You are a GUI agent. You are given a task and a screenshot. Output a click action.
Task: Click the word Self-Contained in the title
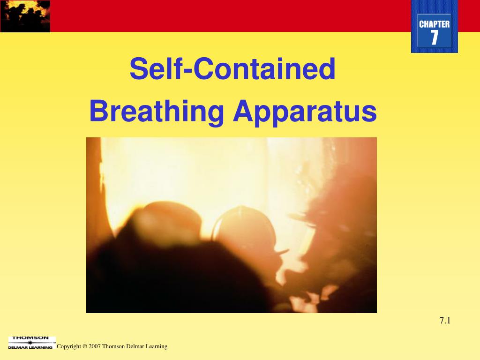coord(232,68)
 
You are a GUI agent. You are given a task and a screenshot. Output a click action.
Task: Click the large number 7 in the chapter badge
coord(435,37)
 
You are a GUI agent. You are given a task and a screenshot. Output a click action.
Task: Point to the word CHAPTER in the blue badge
coord(434,24)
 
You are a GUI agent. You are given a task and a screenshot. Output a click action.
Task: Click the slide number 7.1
coord(444,321)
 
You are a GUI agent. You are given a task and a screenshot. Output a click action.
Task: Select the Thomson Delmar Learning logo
coord(31,343)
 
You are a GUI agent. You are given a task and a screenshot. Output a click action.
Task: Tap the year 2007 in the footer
coord(95,346)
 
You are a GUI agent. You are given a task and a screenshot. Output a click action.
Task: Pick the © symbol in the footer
coord(85,346)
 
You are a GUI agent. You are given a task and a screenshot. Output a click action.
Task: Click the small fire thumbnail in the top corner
coord(25,16)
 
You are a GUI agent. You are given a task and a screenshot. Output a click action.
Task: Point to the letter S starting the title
coord(137,68)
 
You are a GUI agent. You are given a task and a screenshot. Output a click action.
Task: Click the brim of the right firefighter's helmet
coord(300,218)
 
